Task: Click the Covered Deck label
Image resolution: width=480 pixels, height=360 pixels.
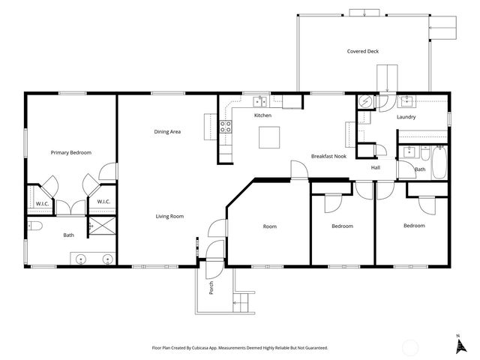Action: pos(363,52)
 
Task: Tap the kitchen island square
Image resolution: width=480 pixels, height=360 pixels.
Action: pos(269,137)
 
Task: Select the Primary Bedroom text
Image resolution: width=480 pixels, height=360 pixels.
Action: pos(71,152)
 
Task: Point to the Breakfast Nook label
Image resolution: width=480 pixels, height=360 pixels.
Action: pos(328,156)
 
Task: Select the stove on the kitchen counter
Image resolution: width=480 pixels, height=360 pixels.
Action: pos(225,128)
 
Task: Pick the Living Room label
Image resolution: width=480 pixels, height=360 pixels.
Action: pos(169,216)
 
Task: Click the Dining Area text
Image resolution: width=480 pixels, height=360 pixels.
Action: pos(167,132)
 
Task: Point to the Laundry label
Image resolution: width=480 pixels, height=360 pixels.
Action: pos(406,117)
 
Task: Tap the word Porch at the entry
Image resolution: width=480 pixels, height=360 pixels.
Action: pos(211,288)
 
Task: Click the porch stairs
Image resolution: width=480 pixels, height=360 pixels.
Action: pos(241,301)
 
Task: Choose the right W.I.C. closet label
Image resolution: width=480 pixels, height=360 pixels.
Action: pos(103,201)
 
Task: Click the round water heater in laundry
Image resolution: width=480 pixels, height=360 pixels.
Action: pos(364,102)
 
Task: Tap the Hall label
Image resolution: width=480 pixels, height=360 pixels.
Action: pos(375,167)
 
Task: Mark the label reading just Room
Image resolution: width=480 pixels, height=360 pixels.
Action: pos(270,226)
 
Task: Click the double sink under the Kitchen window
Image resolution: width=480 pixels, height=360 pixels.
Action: pos(262,100)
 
